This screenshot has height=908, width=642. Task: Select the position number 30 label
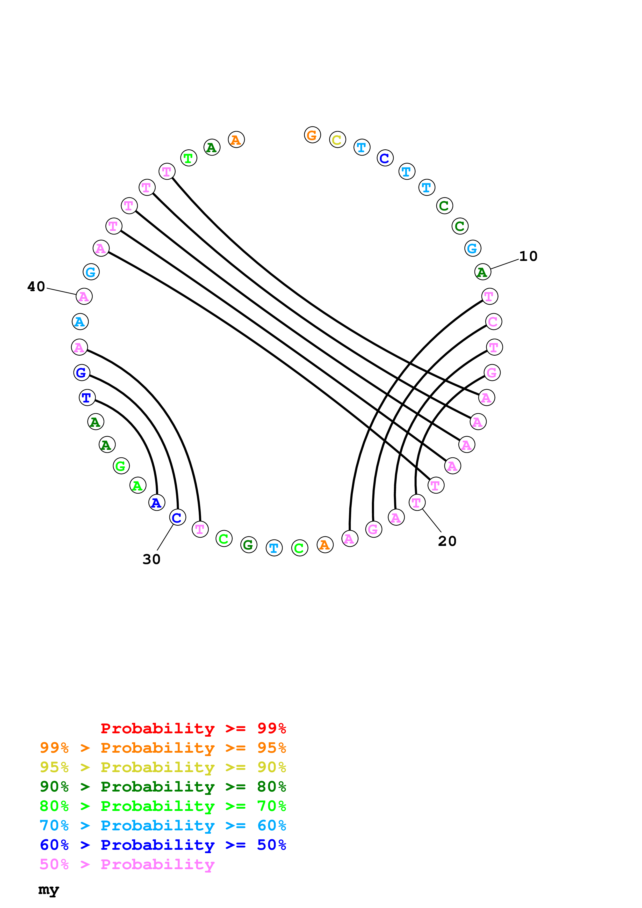[x=152, y=559]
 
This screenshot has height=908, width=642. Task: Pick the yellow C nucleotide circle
[x=337, y=140]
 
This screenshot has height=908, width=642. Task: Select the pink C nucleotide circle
[x=493, y=321]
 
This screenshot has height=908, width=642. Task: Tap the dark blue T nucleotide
[x=87, y=398]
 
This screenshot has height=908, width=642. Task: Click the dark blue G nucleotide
[x=82, y=372]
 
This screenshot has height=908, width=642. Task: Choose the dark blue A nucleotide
[x=157, y=503]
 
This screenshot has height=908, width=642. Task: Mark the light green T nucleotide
[x=188, y=158]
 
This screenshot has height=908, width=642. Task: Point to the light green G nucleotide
[x=121, y=466]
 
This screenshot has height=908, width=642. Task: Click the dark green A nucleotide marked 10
[x=482, y=272]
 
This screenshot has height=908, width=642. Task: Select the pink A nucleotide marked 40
[x=84, y=296]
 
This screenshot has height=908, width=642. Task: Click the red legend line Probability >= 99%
[x=193, y=728]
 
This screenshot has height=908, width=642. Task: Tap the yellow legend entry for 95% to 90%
[x=163, y=767]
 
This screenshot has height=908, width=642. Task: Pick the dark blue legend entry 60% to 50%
[x=163, y=845]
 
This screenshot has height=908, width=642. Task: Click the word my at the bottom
[x=48, y=890]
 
